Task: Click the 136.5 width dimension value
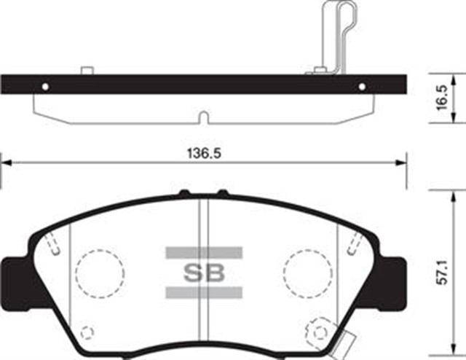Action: [205, 154]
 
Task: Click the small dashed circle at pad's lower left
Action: [87, 333]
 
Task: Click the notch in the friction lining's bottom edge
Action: [205, 118]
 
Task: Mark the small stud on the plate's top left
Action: [87, 71]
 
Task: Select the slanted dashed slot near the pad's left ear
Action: [51, 246]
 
